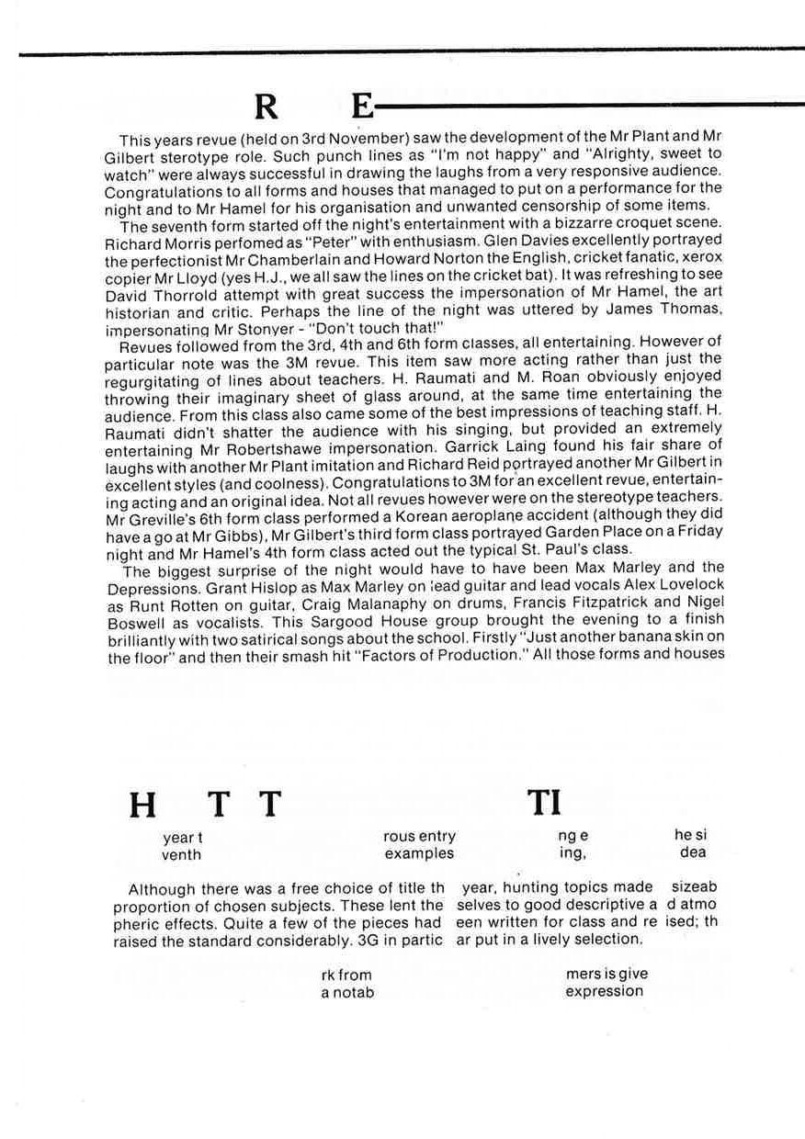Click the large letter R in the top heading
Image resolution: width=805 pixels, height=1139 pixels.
pyautogui.click(x=266, y=108)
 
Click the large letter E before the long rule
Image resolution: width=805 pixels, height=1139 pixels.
pyautogui.click(x=363, y=108)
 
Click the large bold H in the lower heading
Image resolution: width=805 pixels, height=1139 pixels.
pyautogui.click(x=142, y=806)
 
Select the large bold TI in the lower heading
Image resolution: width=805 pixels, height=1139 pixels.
pyautogui.click(x=544, y=804)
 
